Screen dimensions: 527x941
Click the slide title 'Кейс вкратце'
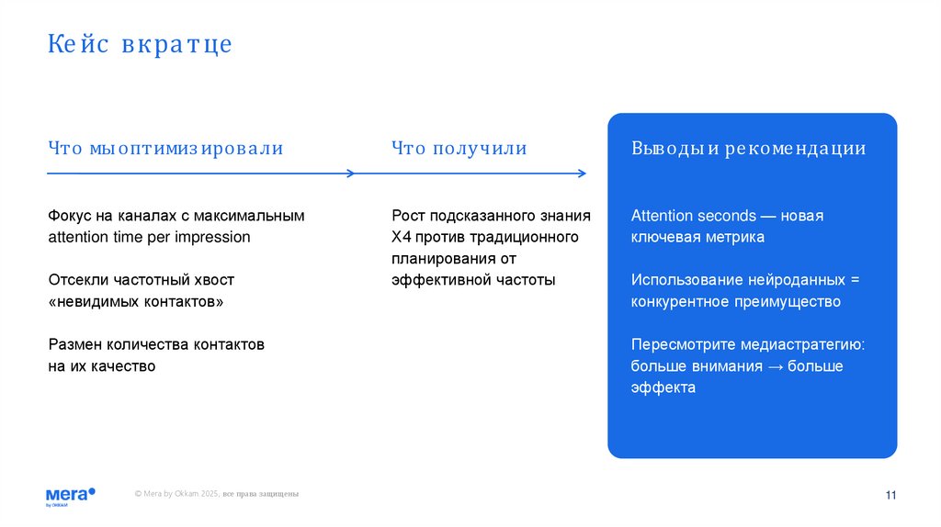coord(140,44)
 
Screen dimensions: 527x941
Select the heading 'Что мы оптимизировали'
coord(165,149)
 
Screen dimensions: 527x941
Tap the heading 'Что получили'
coord(459,149)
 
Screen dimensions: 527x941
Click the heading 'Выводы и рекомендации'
coord(748,149)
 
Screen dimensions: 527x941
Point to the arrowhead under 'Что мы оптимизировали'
coord(350,173)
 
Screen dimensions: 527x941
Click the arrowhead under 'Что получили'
coord(582,173)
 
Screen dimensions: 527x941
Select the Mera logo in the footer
coord(70,495)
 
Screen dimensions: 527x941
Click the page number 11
coord(890,496)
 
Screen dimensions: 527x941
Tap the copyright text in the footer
coord(216,495)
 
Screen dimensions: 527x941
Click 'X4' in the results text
coord(400,238)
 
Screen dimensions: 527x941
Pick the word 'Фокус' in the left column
coord(70,216)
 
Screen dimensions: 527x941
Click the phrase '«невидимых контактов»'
coord(135,302)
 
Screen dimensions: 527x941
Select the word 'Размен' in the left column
coord(73,345)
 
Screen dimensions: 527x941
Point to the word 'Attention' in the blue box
coord(661,216)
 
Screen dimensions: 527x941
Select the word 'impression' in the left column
coord(215,238)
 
